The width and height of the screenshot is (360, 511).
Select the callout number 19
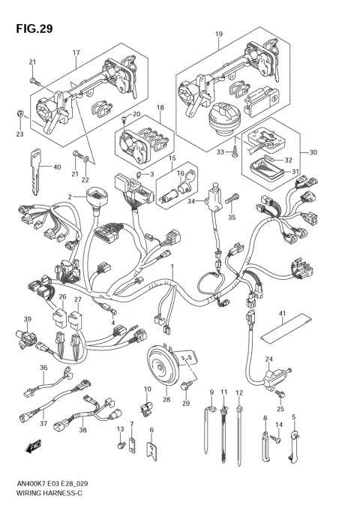point(219,35)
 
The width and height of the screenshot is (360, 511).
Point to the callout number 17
point(76,52)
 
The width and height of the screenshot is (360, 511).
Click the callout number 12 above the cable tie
point(238,392)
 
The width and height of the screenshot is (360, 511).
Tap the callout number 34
point(191,201)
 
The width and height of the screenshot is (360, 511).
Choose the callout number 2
point(70,197)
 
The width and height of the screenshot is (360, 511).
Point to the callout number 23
point(19,134)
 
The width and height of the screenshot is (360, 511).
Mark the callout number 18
point(160,108)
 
